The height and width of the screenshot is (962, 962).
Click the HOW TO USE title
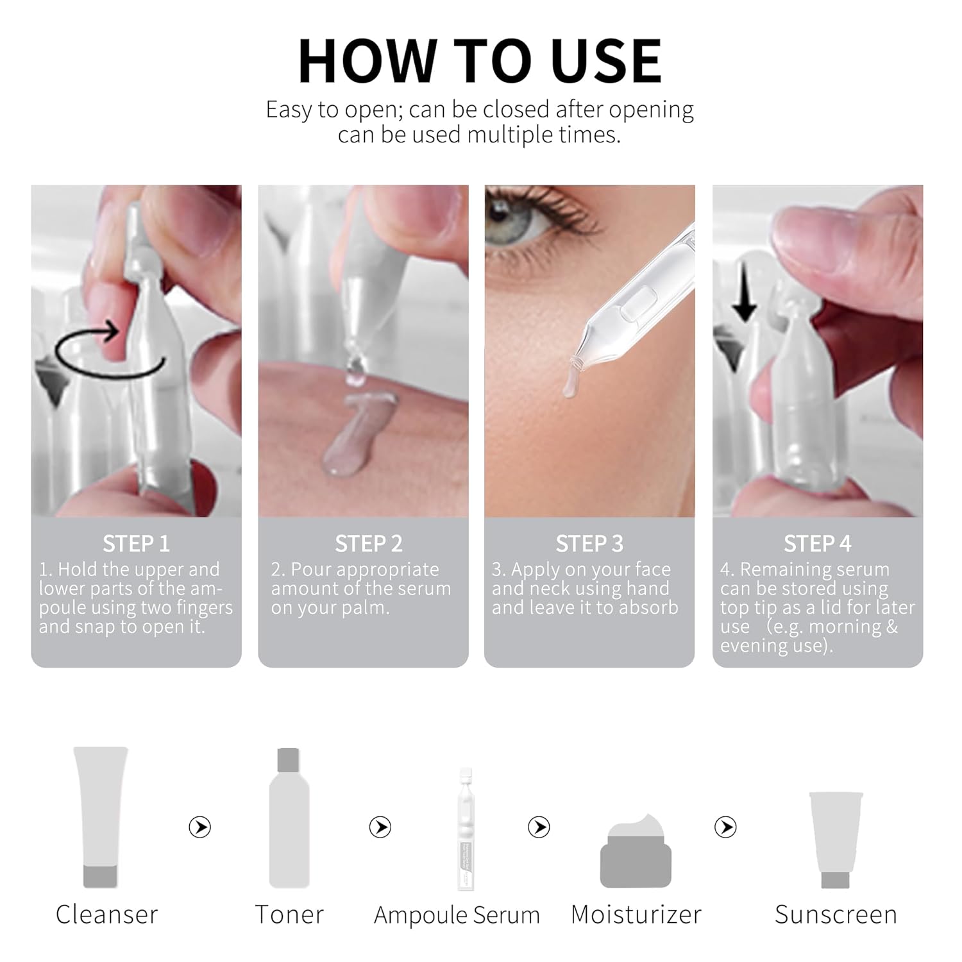click(x=480, y=62)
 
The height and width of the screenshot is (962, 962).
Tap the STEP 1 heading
click(x=136, y=544)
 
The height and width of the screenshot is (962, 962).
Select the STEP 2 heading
click(x=368, y=544)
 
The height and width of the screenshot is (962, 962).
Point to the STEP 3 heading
click(x=589, y=544)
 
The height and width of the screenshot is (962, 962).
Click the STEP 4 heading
click(x=817, y=544)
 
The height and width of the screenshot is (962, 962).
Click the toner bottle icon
click(x=289, y=818)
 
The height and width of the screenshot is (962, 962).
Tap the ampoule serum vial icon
click(x=466, y=827)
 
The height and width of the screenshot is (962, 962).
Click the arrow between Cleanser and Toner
click(x=200, y=827)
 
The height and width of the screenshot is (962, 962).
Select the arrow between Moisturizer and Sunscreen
click(x=725, y=827)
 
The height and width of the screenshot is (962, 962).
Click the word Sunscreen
click(x=836, y=915)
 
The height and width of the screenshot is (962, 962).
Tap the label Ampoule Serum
click(x=457, y=915)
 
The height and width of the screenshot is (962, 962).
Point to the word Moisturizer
click(x=636, y=915)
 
